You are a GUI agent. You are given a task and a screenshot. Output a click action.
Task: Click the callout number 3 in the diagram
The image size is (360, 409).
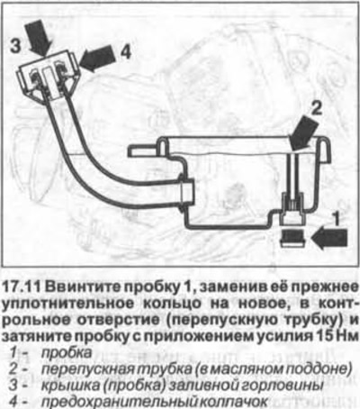pos(16,47)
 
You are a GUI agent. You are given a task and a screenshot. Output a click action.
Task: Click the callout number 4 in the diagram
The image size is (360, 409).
pos(125,52)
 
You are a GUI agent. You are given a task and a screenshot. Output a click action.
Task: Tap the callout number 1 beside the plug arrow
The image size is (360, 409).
pos(337,219)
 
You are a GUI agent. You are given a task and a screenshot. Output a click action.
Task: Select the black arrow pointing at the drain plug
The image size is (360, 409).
pos(329,238)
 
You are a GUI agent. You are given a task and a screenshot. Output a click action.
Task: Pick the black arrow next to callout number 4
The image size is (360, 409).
pos(96,59)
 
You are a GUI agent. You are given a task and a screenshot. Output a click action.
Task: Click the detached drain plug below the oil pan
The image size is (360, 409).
pos(292,239)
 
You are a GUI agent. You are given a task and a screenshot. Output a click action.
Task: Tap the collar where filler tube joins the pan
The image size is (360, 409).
pos(186,190)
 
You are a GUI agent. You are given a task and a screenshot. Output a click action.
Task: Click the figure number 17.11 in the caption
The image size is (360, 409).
pos(21,287)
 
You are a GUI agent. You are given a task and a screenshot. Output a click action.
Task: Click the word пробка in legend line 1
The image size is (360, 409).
pos(66,352)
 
